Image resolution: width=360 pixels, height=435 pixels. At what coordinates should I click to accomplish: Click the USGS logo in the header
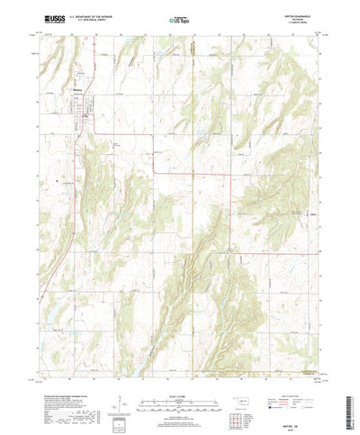51,17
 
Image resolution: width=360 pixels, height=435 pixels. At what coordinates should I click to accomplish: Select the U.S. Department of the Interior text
87,15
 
